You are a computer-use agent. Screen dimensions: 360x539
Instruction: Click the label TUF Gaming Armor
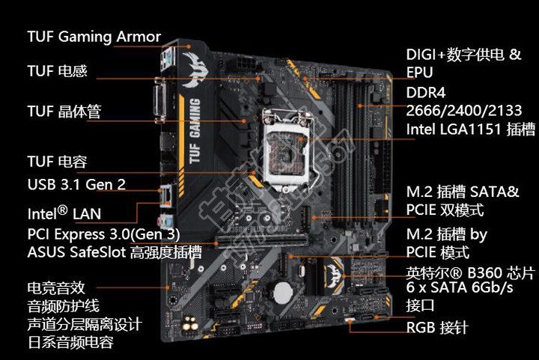click(x=94, y=37)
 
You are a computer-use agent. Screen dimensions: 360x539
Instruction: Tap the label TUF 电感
click(x=57, y=71)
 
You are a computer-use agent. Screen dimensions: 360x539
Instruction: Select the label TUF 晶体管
click(x=64, y=112)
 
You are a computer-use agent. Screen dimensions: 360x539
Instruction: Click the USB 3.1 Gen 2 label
click(x=76, y=184)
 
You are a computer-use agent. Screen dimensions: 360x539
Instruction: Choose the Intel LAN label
click(x=64, y=213)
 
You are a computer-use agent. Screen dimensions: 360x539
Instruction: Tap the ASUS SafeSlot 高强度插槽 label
click(x=114, y=252)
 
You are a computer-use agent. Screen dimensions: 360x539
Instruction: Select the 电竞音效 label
click(x=57, y=287)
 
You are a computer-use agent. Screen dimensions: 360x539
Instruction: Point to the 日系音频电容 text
click(x=70, y=344)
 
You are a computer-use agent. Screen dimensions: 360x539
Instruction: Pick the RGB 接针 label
click(x=437, y=327)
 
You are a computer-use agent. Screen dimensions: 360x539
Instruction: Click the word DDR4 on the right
click(x=426, y=93)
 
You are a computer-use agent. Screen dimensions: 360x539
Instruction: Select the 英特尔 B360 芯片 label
click(x=470, y=271)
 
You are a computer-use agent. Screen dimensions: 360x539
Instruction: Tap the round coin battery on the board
click(x=281, y=288)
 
